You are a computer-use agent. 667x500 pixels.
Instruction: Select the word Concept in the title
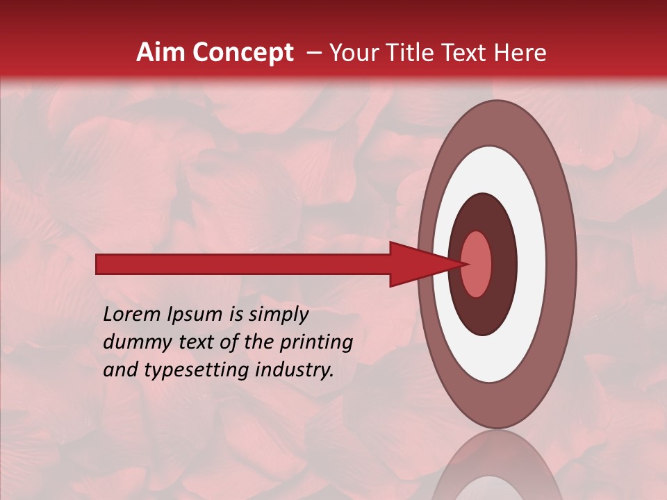click(242, 53)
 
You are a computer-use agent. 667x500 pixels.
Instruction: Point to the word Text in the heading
click(468, 53)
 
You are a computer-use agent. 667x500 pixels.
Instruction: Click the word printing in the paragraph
click(315, 342)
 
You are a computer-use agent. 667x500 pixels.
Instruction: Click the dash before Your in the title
click(314, 53)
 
